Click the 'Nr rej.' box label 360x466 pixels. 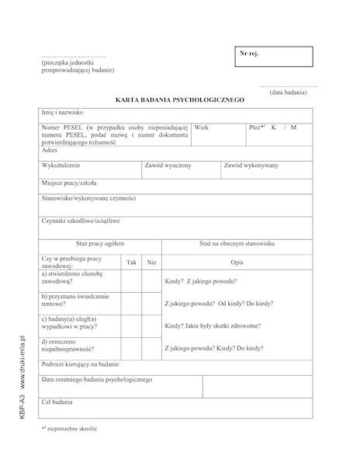[250, 54]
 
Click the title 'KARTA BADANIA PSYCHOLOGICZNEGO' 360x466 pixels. [179, 100]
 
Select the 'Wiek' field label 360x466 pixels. [202, 127]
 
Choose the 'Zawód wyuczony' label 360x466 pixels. [168, 165]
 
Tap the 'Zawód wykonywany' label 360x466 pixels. [251, 165]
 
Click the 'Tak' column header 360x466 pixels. [131, 263]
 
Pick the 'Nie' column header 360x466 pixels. [151, 263]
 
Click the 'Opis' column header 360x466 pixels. [237, 263]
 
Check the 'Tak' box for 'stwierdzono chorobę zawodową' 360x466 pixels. [131, 280]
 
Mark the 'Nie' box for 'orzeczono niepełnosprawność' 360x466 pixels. [151, 348]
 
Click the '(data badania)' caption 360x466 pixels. [288, 92]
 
